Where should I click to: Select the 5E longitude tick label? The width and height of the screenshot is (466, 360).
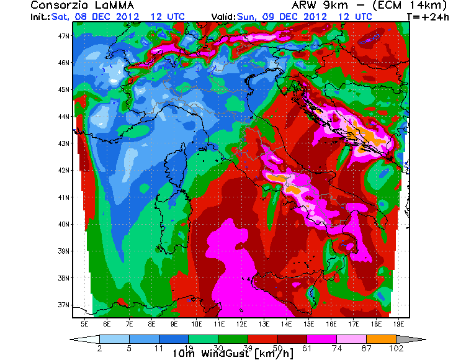click(x=84, y=324)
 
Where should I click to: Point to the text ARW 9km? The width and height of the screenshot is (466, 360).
click(x=307, y=6)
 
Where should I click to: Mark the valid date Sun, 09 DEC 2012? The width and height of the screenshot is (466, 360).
click(x=293, y=16)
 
